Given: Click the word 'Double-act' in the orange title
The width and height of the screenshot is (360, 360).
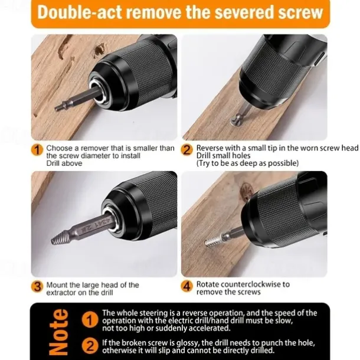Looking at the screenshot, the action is click(x=80, y=12).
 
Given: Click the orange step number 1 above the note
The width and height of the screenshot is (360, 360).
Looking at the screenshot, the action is click(x=37, y=150).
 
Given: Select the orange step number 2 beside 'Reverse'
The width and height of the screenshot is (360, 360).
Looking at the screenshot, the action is click(x=186, y=150).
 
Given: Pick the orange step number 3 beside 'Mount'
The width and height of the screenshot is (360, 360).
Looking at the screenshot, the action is click(x=37, y=287).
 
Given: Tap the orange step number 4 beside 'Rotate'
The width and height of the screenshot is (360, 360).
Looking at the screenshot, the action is click(x=186, y=286).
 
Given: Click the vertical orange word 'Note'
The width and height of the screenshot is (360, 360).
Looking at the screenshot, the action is click(x=59, y=332).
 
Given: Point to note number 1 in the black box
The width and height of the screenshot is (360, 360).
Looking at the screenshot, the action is click(x=90, y=320).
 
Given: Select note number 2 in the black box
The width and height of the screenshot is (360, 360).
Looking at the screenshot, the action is click(x=90, y=346).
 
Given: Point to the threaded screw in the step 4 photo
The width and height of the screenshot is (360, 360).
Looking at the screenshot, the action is click(x=213, y=241).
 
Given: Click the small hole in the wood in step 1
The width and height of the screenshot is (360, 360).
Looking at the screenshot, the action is click(x=100, y=50).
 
